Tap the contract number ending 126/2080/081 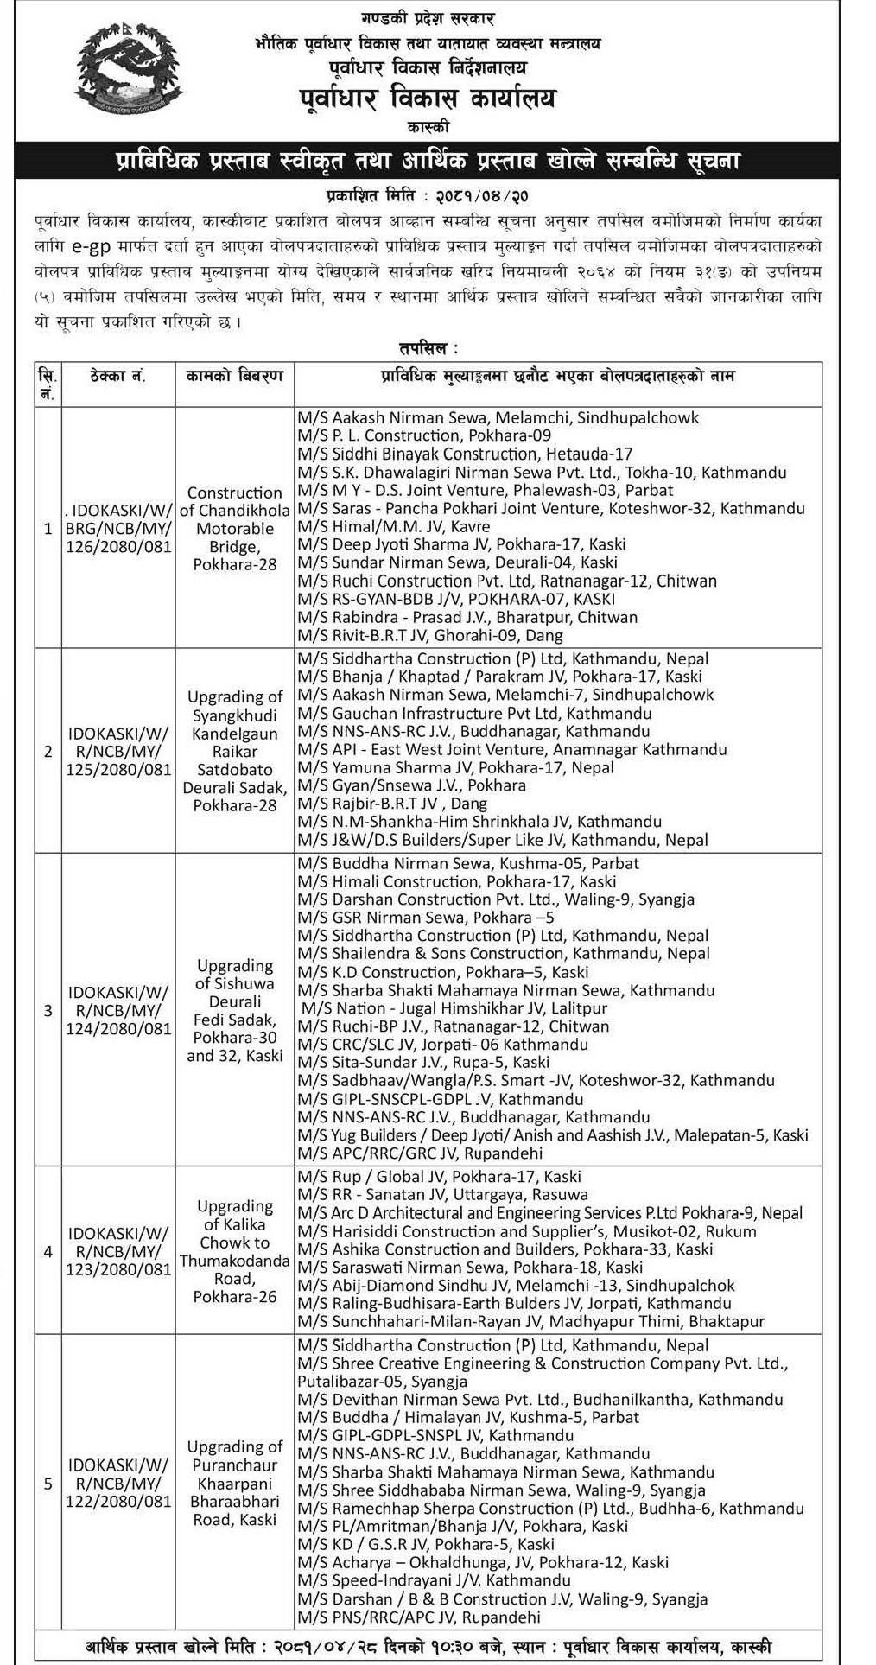click(119, 528)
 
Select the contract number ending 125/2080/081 click(119, 751)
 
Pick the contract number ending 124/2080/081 click(119, 1009)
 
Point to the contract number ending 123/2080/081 click(119, 1250)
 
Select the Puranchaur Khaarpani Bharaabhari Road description click(234, 1483)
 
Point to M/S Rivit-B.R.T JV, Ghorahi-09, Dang click(429, 635)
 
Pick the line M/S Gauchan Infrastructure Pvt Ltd click(473, 714)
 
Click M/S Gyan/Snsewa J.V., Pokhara click(410, 786)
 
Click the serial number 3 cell click(48, 1009)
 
